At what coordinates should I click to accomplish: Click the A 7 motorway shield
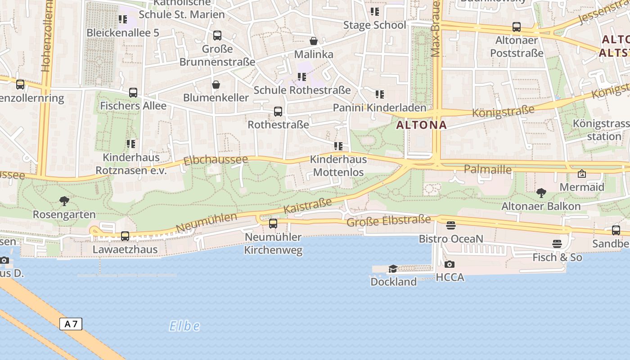click(x=71, y=324)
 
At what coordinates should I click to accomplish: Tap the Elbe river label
click(x=184, y=326)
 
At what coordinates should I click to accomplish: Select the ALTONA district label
click(x=422, y=125)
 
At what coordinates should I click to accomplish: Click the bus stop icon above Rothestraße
click(x=278, y=111)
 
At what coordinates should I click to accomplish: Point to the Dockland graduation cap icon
click(x=393, y=269)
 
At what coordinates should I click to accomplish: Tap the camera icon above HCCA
click(x=449, y=265)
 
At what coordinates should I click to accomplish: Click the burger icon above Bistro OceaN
click(x=451, y=225)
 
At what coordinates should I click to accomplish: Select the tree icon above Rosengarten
click(x=64, y=201)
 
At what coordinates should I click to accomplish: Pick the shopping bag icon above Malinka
click(x=314, y=41)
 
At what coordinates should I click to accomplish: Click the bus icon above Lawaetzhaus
click(x=125, y=236)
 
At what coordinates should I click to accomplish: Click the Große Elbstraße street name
click(x=388, y=221)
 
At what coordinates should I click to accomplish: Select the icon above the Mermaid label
click(x=581, y=174)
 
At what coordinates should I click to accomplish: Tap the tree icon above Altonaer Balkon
click(x=541, y=193)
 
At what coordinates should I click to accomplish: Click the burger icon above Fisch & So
click(x=557, y=244)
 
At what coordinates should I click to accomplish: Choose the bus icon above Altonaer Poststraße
click(x=516, y=27)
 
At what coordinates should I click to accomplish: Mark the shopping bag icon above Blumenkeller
click(x=216, y=85)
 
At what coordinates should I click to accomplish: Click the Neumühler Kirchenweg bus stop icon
click(x=273, y=224)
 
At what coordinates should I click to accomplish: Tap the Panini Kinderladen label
click(x=379, y=108)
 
